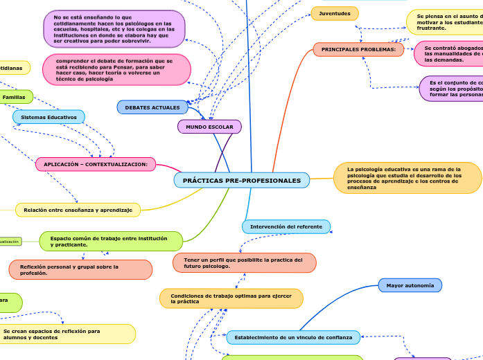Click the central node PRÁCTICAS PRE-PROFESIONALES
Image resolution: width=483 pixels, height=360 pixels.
(242, 181)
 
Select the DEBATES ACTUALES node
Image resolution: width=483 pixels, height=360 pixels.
(152, 107)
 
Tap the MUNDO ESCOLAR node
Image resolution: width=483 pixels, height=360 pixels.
(209, 127)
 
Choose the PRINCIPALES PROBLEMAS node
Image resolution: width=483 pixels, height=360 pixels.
(358, 49)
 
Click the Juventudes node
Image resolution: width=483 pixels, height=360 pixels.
(335, 13)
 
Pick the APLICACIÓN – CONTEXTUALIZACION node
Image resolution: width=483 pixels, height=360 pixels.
(96, 164)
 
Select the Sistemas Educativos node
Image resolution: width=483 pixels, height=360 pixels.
(49, 117)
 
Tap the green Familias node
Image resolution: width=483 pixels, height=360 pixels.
(15, 97)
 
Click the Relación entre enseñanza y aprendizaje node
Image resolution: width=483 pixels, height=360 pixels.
(78, 209)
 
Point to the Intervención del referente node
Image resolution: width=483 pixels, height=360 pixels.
(286, 226)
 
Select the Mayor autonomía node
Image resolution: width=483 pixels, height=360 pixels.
(410, 285)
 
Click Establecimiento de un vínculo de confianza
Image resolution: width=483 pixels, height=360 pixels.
(293, 337)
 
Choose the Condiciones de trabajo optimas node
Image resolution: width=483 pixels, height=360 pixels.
(231, 298)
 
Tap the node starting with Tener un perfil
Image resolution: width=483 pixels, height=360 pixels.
(244, 262)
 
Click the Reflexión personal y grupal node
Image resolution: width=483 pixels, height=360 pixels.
(80, 269)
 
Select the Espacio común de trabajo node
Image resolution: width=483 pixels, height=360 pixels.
(111, 241)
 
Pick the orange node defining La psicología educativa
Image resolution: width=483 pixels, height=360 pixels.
(407, 178)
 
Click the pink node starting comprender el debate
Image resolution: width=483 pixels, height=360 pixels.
(116, 69)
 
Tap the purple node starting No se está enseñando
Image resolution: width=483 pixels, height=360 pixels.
(114, 29)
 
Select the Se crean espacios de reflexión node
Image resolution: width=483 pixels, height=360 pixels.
(67, 334)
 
